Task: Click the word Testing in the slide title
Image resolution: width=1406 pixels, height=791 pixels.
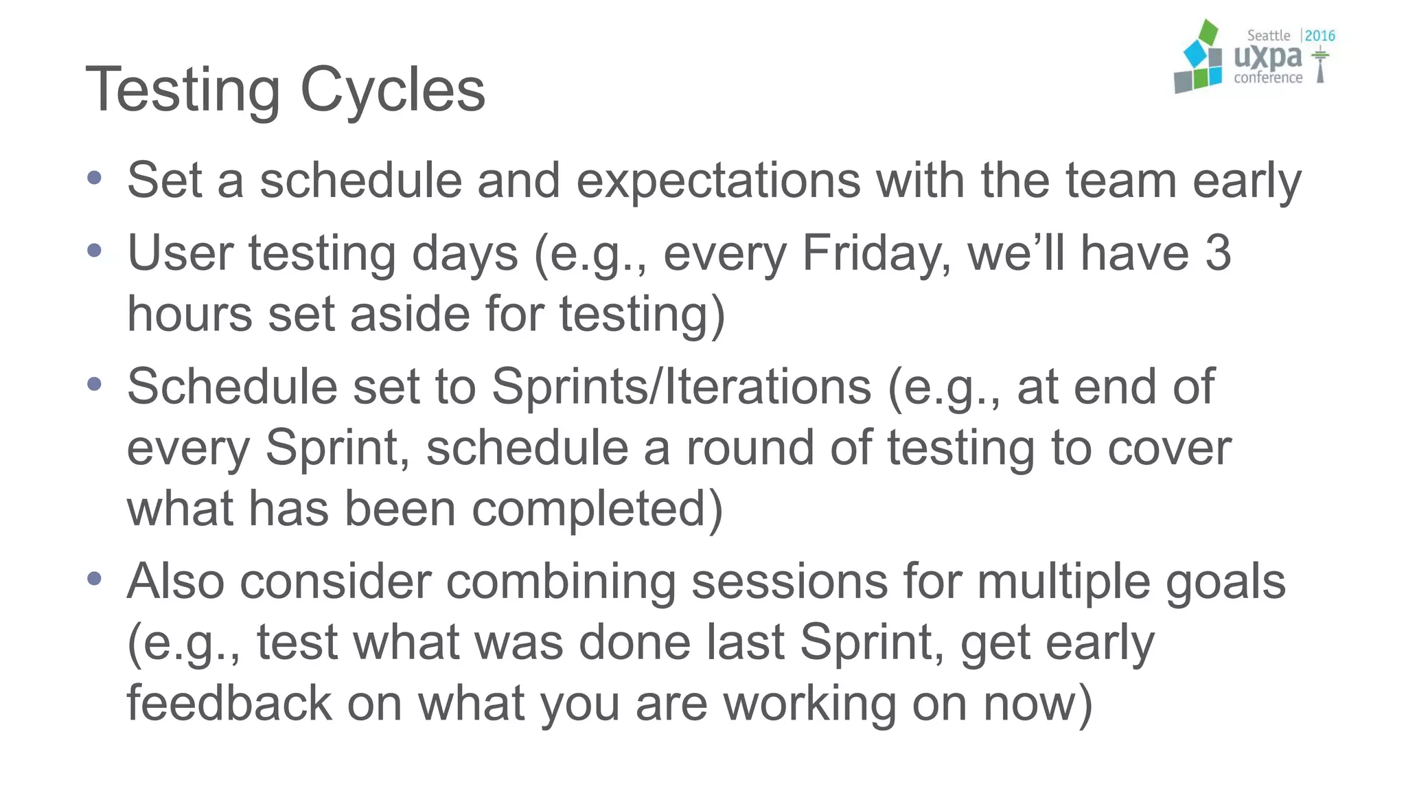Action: tap(183, 91)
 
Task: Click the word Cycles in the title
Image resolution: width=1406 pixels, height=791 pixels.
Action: tap(393, 91)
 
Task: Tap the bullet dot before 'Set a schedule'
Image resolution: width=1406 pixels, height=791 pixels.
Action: tap(95, 179)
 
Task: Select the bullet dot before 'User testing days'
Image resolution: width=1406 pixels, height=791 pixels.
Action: tap(95, 251)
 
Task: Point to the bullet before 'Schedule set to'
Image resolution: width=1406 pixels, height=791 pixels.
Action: tap(95, 384)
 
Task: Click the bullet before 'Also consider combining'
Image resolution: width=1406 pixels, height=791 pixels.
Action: tap(95, 579)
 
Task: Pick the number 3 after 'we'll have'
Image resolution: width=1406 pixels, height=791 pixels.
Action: tap(1218, 253)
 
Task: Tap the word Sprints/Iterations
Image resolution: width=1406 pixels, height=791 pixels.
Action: tap(681, 387)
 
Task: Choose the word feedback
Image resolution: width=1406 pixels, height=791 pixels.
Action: tap(229, 703)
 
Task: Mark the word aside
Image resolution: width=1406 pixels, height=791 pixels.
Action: tap(410, 314)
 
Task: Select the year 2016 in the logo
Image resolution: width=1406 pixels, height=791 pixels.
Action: tap(1319, 36)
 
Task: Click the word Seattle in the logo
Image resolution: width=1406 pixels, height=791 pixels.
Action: tap(1268, 36)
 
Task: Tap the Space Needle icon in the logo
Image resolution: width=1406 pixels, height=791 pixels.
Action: tap(1319, 65)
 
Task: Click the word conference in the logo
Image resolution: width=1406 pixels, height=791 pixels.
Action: tap(1268, 78)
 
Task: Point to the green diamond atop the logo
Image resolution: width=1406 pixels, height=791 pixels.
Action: tap(1208, 32)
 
